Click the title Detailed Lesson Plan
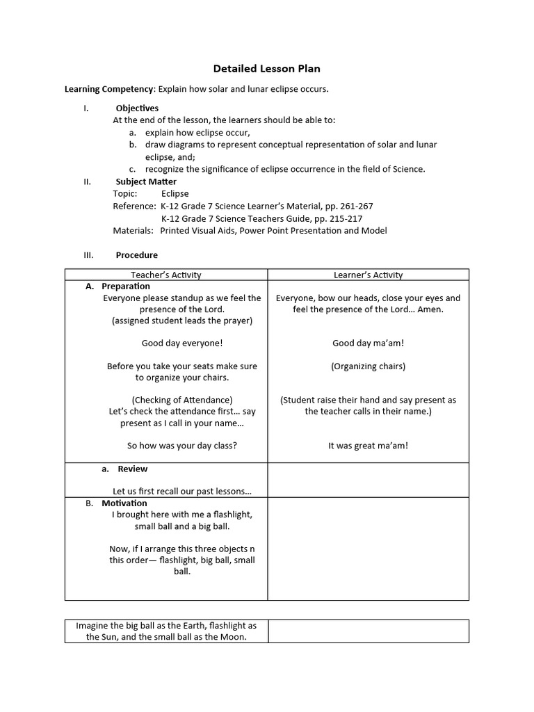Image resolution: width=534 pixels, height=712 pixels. (266, 69)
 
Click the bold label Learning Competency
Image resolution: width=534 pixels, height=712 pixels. (108, 89)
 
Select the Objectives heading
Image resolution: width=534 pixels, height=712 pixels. (137, 108)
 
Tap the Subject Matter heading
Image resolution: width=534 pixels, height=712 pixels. (146, 181)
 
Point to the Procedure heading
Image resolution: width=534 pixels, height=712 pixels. (136, 255)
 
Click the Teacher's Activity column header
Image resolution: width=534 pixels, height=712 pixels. (166, 275)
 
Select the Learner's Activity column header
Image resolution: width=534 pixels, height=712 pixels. (368, 275)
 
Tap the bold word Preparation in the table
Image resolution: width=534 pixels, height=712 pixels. (126, 286)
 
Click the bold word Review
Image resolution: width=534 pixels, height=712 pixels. (132, 469)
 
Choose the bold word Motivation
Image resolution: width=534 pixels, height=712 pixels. (124, 503)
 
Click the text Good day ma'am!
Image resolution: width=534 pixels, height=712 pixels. (368, 343)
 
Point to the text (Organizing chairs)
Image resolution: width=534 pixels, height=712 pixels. (368, 366)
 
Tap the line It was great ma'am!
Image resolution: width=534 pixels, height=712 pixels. (368, 446)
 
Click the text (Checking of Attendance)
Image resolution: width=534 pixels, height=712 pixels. (182, 400)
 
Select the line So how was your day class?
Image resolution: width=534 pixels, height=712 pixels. (182, 446)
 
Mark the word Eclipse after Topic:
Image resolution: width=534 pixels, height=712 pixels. (175, 193)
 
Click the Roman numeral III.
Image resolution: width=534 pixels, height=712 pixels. (88, 255)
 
